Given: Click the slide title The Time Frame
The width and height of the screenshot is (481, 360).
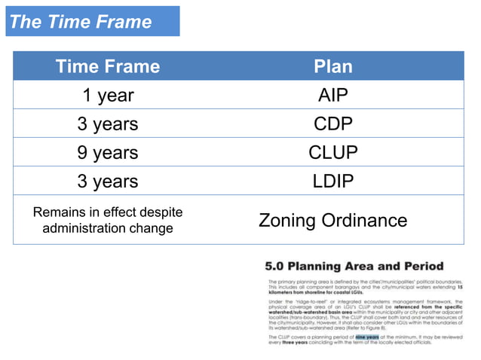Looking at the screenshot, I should pyautogui.click(x=81, y=22).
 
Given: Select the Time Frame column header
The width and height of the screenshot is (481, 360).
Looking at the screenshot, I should pyautogui.click(x=108, y=66).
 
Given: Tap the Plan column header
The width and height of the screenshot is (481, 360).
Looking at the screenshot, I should pyautogui.click(x=332, y=66).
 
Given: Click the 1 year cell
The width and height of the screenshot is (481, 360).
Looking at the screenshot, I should pyautogui.click(x=108, y=95).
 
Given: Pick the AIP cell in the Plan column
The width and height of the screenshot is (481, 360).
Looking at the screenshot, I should pyautogui.click(x=332, y=95).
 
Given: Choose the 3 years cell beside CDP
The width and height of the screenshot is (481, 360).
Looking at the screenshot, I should pyautogui.click(x=108, y=124).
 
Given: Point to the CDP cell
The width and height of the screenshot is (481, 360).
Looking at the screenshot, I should pyautogui.click(x=332, y=124).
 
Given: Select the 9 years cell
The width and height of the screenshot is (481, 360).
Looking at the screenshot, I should pyautogui.click(x=108, y=152).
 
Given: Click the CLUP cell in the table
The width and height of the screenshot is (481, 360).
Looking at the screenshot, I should pyautogui.click(x=332, y=152).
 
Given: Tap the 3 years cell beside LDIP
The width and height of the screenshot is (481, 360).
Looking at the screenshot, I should pyautogui.click(x=108, y=181).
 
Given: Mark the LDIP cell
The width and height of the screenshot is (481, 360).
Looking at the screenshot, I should pyautogui.click(x=332, y=181).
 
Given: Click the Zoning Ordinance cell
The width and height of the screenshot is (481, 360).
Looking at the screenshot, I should pyautogui.click(x=332, y=220).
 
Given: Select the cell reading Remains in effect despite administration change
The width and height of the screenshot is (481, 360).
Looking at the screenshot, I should pyautogui.click(x=108, y=220).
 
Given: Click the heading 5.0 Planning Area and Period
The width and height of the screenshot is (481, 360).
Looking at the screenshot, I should pyautogui.click(x=354, y=266).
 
